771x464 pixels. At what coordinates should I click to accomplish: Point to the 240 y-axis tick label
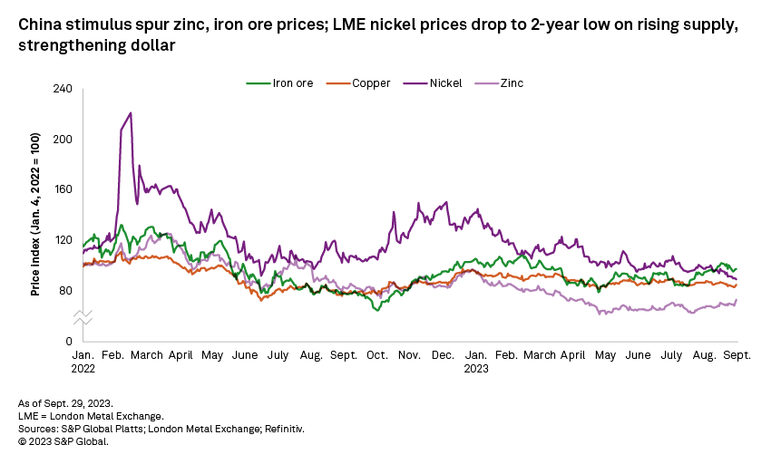pyautogui.click(x=62, y=89)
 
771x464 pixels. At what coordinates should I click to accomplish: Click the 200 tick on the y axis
pyautogui.click(x=62, y=139)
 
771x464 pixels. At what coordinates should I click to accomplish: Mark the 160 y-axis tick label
pyautogui.click(x=62, y=189)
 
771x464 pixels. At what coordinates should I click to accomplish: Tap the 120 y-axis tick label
pyautogui.click(x=62, y=240)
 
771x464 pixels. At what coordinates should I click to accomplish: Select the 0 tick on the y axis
pyautogui.click(x=69, y=341)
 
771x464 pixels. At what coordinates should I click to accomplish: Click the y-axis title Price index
pyautogui.click(x=34, y=214)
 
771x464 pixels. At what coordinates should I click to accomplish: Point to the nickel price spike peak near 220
pyautogui.click(x=131, y=113)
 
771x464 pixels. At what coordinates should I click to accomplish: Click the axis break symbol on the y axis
pyautogui.click(x=82, y=316)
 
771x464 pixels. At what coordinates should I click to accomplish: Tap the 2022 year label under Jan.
pyautogui.click(x=83, y=369)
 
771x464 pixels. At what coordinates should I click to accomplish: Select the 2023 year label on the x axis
pyautogui.click(x=476, y=369)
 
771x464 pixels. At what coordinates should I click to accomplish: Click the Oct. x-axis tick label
pyautogui.click(x=376, y=355)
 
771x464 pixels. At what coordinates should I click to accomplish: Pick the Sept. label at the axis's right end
pyautogui.click(x=737, y=355)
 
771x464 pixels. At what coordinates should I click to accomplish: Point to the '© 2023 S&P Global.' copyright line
pyautogui.click(x=63, y=442)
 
